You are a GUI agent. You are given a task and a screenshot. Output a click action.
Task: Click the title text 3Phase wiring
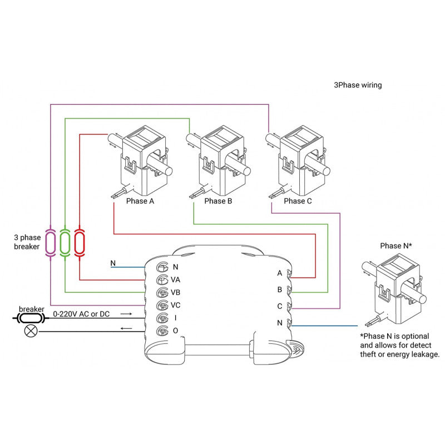click(358, 86)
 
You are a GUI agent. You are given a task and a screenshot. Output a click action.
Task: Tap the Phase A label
click(141, 201)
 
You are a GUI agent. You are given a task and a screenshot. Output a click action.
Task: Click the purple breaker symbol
click(51, 242)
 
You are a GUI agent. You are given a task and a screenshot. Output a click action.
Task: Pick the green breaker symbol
click(65, 242)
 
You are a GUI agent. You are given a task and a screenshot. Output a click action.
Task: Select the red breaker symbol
click(79, 242)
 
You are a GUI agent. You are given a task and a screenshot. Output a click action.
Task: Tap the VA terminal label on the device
click(176, 280)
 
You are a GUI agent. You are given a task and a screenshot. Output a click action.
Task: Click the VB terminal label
click(176, 293)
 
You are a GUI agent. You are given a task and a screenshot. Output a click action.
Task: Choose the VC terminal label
click(176, 305)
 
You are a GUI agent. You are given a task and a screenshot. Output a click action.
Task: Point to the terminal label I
click(175, 318)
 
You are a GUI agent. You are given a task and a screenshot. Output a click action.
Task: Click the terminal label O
click(175, 332)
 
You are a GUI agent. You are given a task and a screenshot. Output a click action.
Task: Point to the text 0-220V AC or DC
click(81, 314)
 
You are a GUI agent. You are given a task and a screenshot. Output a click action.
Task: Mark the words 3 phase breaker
click(27, 241)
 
